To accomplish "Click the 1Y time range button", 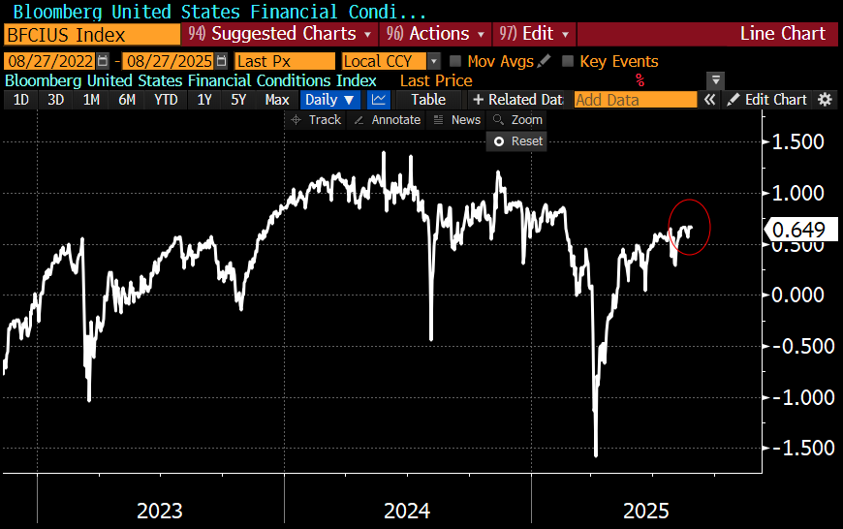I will coord(203,100).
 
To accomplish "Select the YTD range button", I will coord(167,100).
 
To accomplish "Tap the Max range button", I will coord(277,100).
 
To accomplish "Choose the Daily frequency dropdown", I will coord(329,100).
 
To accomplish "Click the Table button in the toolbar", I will coord(428,100).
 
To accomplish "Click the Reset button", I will coord(518,140).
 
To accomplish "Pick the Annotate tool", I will coord(387,120).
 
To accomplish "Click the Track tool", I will coord(316,120).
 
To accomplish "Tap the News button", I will coord(457,120).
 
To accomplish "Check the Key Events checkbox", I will coord(568,61).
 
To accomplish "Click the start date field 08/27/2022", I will coord(50,61).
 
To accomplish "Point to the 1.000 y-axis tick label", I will coord(797,193).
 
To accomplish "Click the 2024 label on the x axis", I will coord(407,510).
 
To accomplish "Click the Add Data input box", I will coord(635,100).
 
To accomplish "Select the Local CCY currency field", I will coord(384,61).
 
